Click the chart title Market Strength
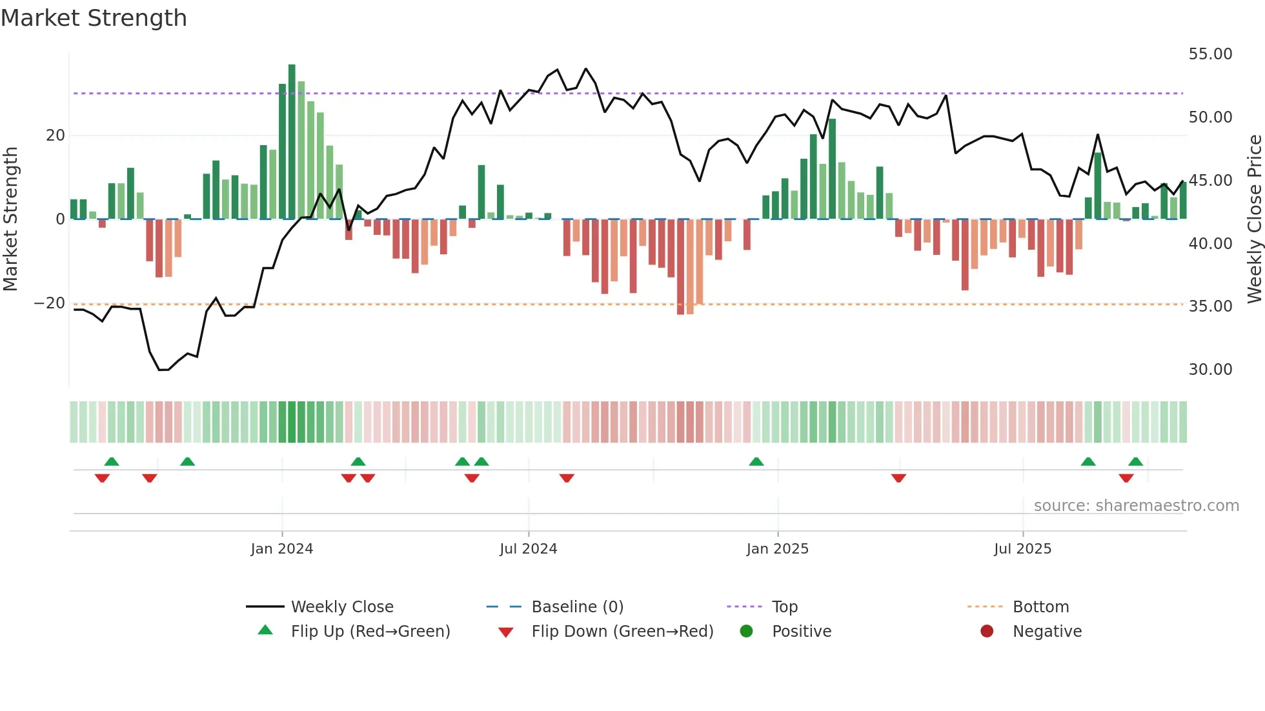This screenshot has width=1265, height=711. pyautogui.click(x=94, y=18)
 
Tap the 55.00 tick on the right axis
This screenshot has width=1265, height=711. pyautogui.click(x=1210, y=54)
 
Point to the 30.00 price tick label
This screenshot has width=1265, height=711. pyautogui.click(x=1210, y=370)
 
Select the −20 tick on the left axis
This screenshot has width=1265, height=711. pyautogui.click(x=50, y=303)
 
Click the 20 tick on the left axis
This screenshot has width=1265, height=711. pyautogui.click(x=56, y=135)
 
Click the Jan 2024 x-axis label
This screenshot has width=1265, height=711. pyautogui.click(x=282, y=549)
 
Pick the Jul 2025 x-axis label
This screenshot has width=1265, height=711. pyautogui.click(x=1022, y=549)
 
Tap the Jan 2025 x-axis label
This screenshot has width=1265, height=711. pyautogui.click(x=777, y=549)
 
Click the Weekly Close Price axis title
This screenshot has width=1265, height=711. pyautogui.click(x=1254, y=219)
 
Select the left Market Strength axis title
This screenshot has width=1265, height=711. pyautogui.click(x=11, y=219)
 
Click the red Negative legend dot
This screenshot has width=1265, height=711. pyautogui.click(x=987, y=632)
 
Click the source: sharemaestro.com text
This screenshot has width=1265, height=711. pyautogui.click(x=1136, y=506)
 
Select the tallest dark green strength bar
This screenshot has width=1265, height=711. pyautogui.click(x=292, y=142)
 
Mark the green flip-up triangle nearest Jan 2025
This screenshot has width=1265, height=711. pyautogui.click(x=756, y=462)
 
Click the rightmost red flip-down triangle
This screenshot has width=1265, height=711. pyautogui.click(x=1126, y=478)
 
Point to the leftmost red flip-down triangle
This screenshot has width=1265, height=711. pyautogui.click(x=102, y=478)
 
